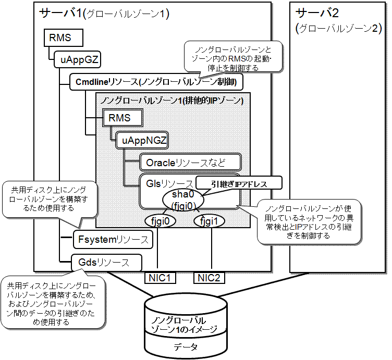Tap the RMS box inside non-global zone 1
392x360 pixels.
[123, 118]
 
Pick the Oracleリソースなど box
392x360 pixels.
[190, 162]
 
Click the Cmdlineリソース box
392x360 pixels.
[156, 82]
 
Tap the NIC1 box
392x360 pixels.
[160, 277]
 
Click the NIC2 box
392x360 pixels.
[210, 277]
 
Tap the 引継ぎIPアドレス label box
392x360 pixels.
[238, 183]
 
